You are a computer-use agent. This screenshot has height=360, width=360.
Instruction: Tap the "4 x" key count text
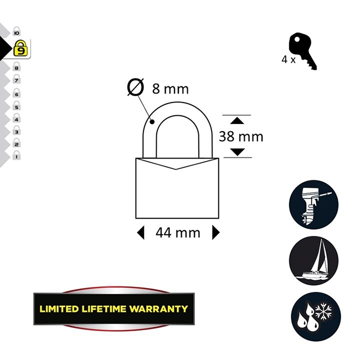coord(288,59)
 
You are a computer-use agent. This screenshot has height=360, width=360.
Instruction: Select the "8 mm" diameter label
coord(170,89)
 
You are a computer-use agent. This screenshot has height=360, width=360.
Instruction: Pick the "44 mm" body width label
coord(178,233)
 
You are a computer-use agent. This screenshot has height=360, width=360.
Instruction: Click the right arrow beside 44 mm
coord(215,233)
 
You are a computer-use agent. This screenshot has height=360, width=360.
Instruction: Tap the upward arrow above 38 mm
coord(236,120)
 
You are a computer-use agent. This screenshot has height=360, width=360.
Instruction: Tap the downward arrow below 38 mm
coord(236,152)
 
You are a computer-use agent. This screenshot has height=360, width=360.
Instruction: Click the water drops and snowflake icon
coord(314,314)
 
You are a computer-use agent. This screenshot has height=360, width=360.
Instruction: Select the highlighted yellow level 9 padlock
coord(20,49)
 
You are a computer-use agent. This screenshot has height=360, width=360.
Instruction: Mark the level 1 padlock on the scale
coord(17,156)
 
